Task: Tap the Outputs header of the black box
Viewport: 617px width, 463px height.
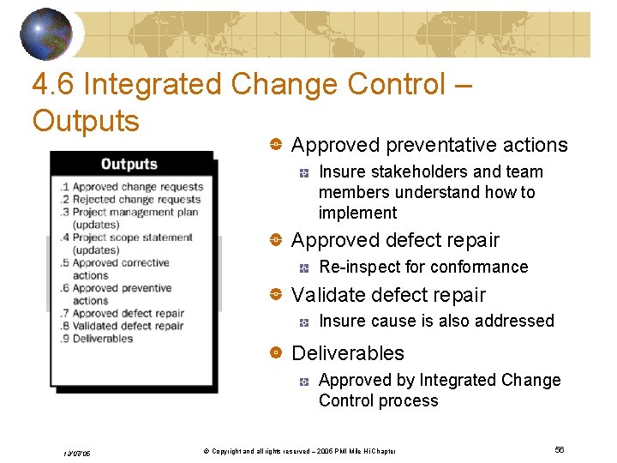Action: click(129, 164)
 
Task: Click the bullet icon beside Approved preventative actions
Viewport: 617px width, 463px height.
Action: click(277, 146)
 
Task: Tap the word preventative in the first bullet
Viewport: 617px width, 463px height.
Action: click(428, 145)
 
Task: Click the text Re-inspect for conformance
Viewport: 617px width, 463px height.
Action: click(423, 267)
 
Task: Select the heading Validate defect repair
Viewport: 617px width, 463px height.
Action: click(388, 295)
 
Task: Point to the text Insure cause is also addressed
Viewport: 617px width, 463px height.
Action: click(436, 321)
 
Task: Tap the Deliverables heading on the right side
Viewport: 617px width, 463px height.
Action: click(348, 353)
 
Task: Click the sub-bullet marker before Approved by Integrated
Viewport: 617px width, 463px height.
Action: click(304, 381)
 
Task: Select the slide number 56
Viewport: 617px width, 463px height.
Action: click(560, 450)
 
